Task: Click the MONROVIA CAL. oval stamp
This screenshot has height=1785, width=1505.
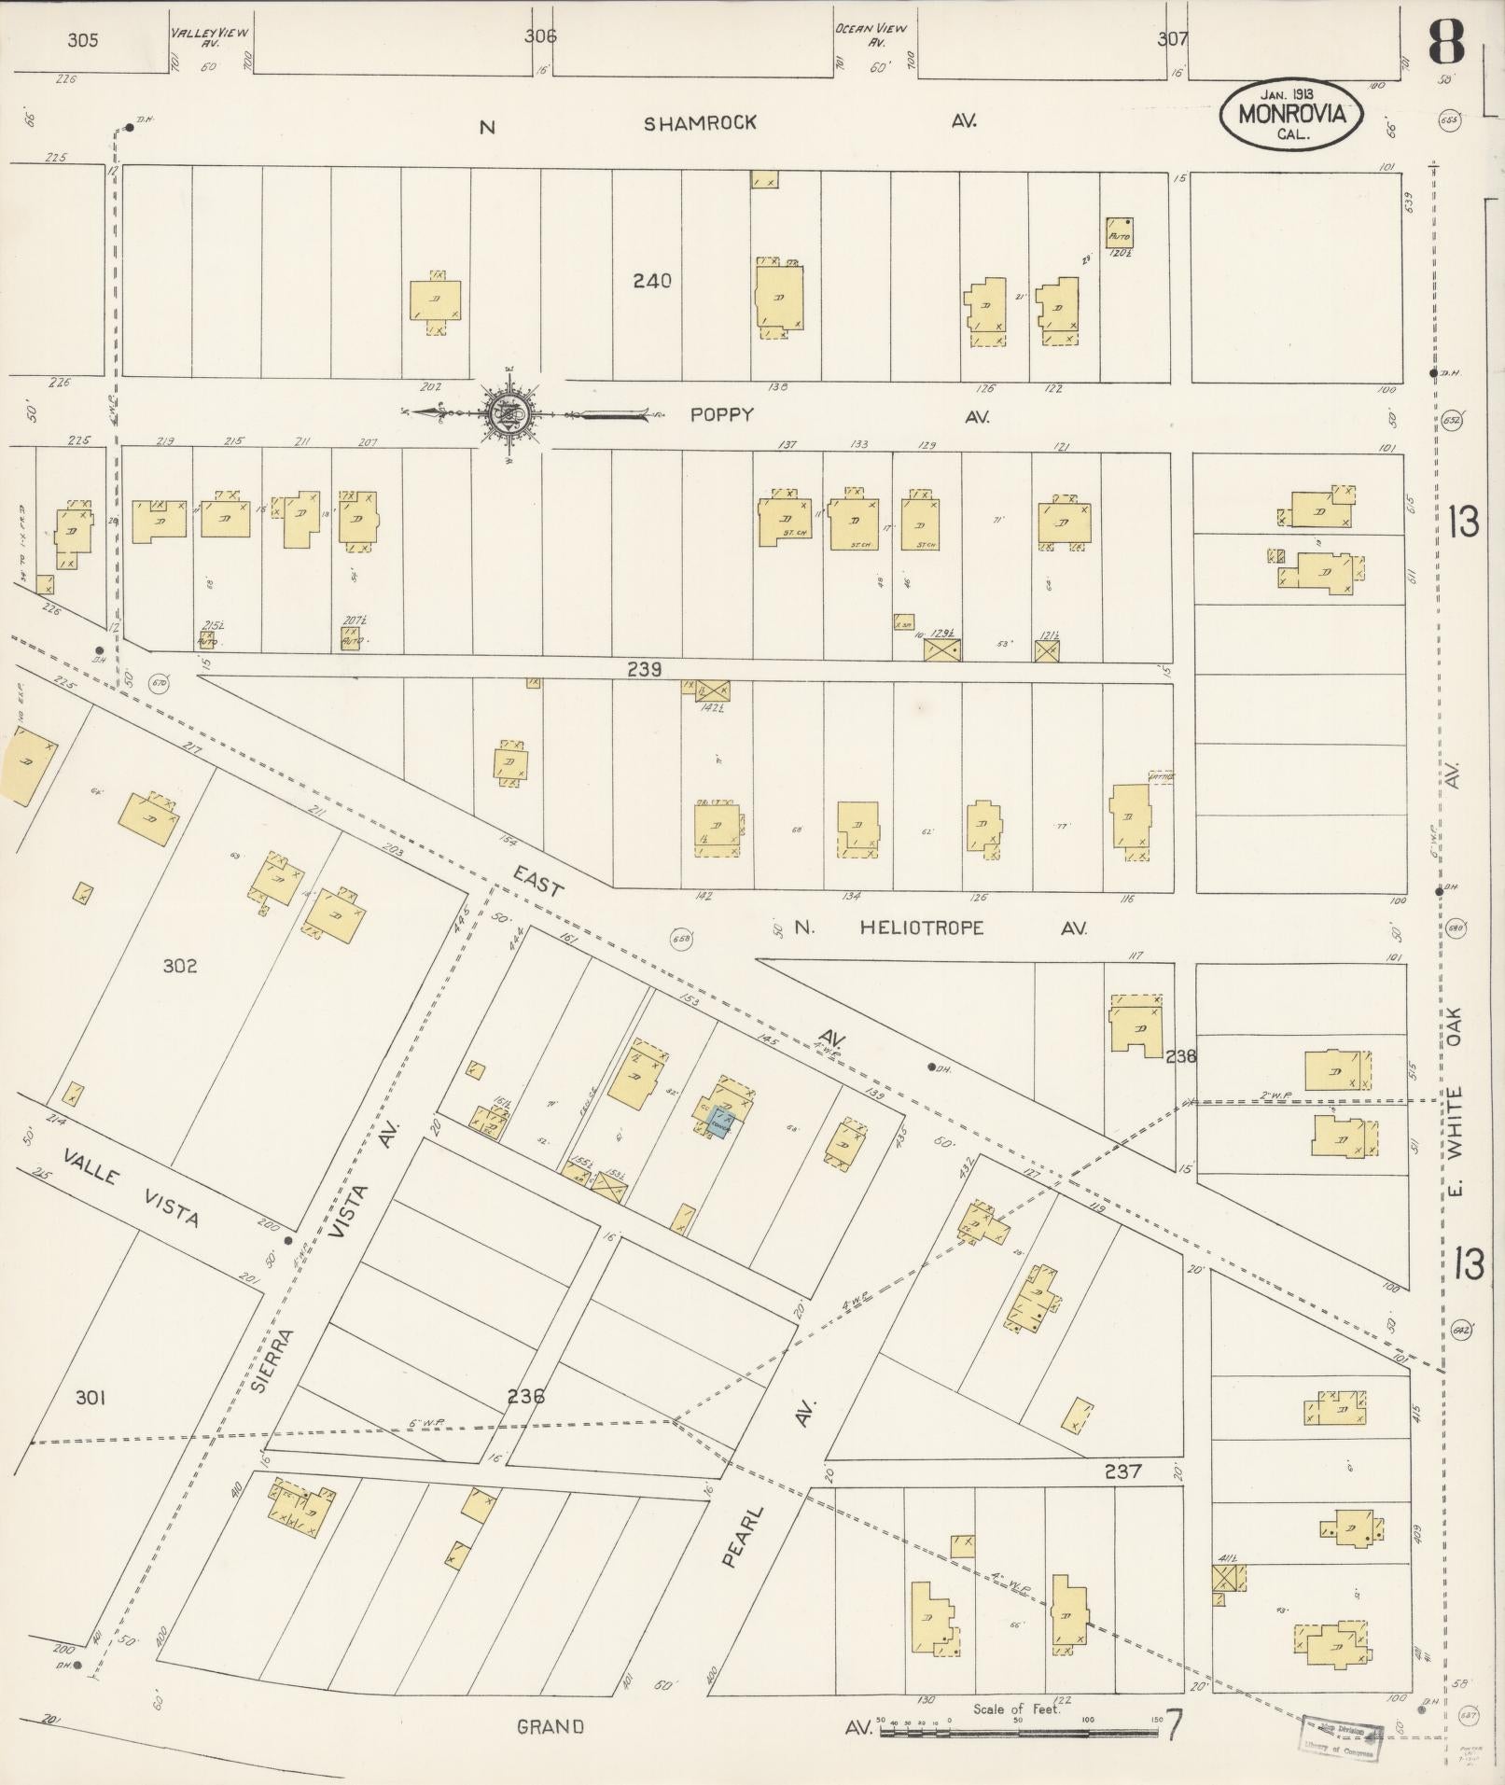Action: click(x=1291, y=114)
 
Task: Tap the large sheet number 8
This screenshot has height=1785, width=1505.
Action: click(x=1446, y=41)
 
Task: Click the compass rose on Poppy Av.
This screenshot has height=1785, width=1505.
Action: click(x=510, y=411)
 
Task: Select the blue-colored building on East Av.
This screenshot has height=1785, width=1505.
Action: click(x=721, y=1121)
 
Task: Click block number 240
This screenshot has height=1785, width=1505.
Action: click(x=651, y=280)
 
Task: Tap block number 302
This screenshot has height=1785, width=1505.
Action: click(x=179, y=966)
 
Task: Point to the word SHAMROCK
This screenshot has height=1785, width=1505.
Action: click(x=700, y=123)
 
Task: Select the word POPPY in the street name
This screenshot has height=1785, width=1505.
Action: click(x=721, y=416)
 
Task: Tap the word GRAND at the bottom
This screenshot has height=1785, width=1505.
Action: click(x=550, y=1727)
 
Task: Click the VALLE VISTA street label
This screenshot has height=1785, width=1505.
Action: click(x=131, y=1188)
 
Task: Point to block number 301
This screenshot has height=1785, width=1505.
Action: click(x=90, y=1398)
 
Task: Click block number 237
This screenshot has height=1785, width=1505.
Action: click(x=1122, y=1471)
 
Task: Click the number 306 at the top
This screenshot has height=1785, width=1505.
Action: click(x=540, y=36)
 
